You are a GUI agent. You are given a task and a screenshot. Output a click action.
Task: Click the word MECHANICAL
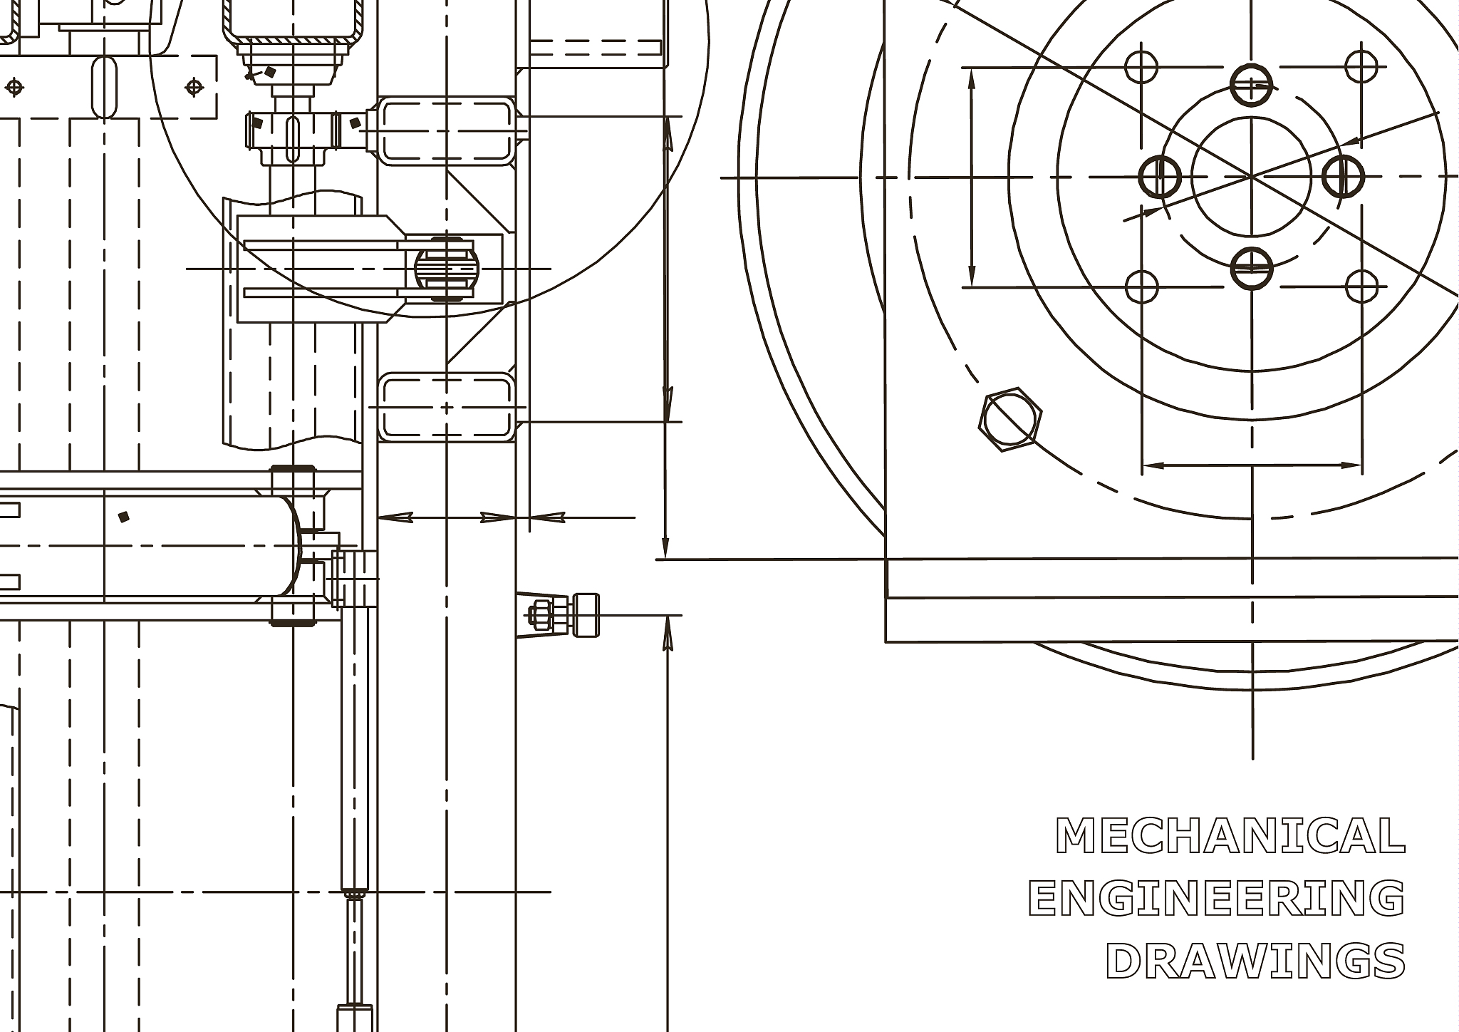[x=1230, y=835]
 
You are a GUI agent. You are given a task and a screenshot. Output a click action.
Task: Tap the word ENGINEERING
[x=1217, y=898]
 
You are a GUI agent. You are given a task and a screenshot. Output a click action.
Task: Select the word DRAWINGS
[x=1255, y=961]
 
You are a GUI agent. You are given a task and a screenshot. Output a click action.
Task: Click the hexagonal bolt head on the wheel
[x=1010, y=420]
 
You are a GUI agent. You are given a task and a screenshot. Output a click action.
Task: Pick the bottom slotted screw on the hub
[x=1252, y=268]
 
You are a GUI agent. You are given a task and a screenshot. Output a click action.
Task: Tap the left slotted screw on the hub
[x=1160, y=176]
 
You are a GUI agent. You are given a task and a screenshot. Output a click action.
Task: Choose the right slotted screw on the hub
[x=1344, y=176]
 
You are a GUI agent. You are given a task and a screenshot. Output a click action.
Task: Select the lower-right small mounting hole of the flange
[x=1361, y=287]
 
